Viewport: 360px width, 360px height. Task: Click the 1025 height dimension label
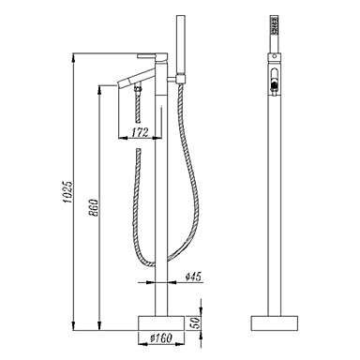tap(67, 191)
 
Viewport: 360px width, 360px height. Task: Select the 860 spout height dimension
tap(94, 207)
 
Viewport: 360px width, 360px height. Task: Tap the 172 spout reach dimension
tap(140, 132)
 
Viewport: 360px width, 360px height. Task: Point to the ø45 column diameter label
tap(193, 277)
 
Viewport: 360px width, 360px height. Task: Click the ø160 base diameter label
tap(161, 338)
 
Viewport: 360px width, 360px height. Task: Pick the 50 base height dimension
tap(194, 323)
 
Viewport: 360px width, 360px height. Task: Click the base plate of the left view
tap(161, 323)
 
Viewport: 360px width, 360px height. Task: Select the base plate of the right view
tap(275, 323)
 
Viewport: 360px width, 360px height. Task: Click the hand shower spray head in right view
tap(275, 24)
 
